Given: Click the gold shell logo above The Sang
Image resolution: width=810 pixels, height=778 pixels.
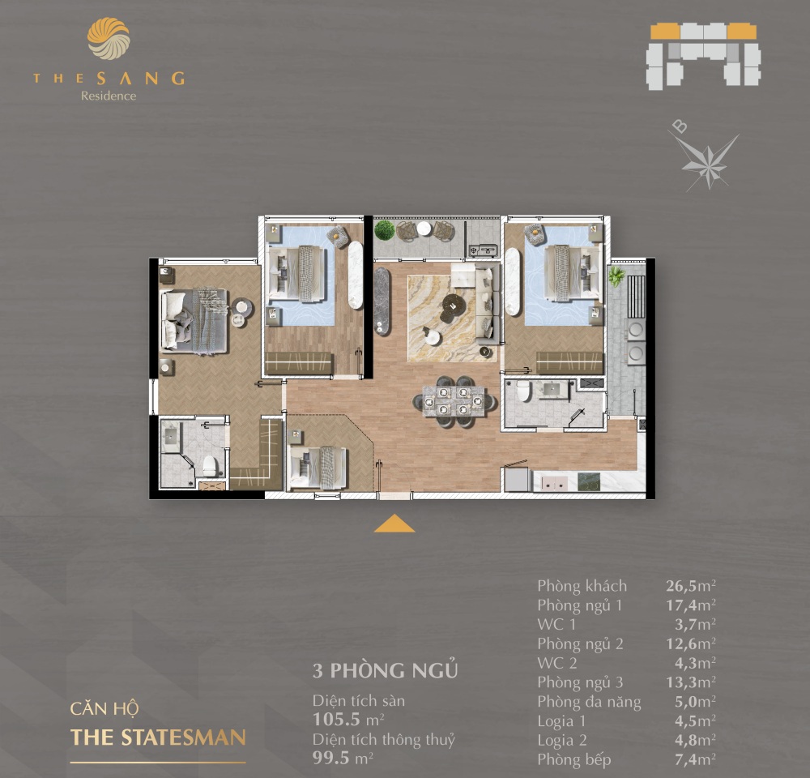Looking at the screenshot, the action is [109, 39].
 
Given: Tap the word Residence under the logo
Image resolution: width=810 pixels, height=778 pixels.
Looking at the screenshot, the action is [109, 96].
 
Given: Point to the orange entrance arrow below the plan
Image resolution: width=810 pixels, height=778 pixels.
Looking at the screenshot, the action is [394, 524].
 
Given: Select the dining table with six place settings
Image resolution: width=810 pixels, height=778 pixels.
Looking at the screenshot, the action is [454, 401].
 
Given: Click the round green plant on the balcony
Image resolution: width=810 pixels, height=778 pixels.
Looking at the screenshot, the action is [384, 230].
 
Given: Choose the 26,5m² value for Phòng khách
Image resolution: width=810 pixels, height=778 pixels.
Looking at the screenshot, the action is [691, 586].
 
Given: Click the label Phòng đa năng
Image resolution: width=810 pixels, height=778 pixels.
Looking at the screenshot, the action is [589, 702].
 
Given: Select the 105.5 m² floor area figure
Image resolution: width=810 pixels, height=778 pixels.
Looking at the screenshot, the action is [348, 719].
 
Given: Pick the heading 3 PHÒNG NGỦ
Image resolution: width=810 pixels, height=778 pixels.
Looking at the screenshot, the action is [386, 670].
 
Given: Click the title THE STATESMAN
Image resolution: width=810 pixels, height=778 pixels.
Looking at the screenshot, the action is [158, 737].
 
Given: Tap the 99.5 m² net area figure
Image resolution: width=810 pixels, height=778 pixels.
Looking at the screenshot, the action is [343, 758].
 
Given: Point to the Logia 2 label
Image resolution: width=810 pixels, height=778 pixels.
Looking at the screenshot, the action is [562, 740].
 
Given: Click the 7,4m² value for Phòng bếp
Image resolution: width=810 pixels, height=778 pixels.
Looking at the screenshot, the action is [695, 759].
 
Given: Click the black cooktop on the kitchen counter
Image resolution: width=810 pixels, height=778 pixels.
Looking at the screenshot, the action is [588, 481].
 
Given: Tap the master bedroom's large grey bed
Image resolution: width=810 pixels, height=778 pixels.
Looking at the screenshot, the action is [194, 321].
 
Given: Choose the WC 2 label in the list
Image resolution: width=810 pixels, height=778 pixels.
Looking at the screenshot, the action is [557, 663].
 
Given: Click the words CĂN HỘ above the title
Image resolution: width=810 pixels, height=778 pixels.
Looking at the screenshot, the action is [104, 708].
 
